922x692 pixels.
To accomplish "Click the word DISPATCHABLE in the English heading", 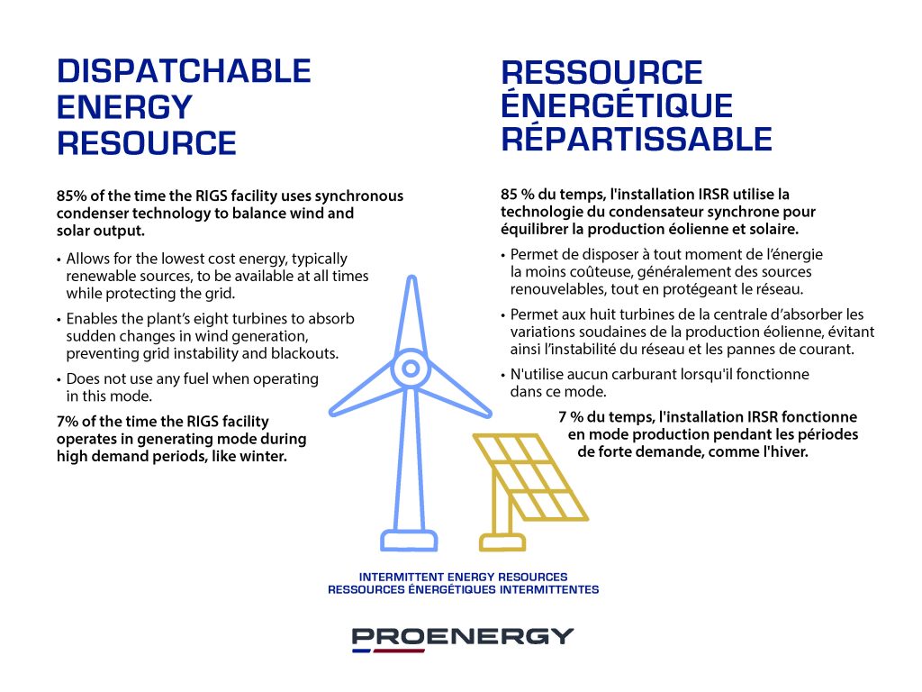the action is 184,71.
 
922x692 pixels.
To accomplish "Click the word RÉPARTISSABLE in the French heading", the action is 637,139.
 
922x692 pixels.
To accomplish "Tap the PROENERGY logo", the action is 462,639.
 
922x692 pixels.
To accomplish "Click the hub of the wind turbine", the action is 411,369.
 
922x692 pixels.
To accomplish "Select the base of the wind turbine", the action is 410,540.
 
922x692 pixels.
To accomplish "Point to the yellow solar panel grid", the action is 530,478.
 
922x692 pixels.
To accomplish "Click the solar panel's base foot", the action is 502,542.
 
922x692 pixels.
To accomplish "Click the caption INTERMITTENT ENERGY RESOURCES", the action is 464,578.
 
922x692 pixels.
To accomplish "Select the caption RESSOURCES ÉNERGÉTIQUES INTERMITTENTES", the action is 464,589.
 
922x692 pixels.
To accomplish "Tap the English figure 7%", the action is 67,422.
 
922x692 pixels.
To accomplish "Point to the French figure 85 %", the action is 518,195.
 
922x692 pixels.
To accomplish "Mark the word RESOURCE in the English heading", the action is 147,143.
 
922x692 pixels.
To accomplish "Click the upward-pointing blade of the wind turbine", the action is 411,314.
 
